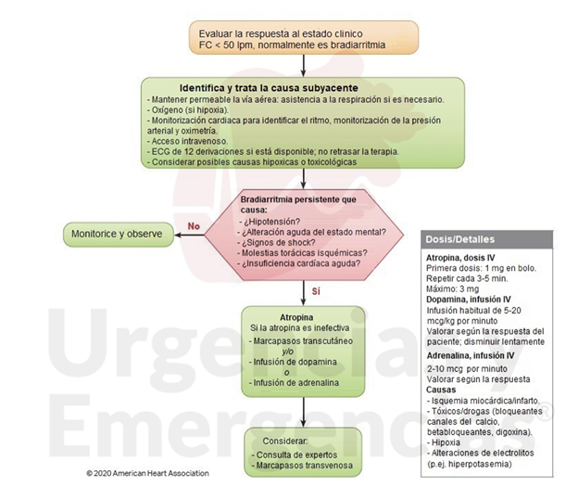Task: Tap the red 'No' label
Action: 194,224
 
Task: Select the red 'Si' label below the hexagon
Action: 315,290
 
